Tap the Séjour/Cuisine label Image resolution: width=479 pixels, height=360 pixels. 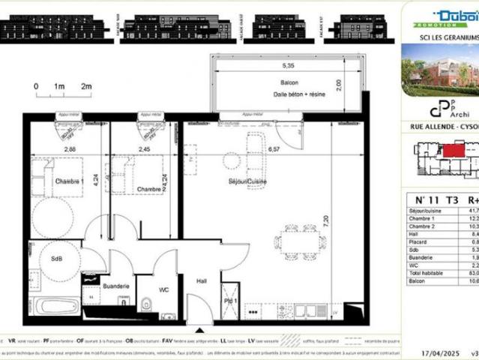point(248,182)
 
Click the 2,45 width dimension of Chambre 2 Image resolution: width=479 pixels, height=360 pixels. point(145,148)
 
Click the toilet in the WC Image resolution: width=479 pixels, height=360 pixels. point(148,304)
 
